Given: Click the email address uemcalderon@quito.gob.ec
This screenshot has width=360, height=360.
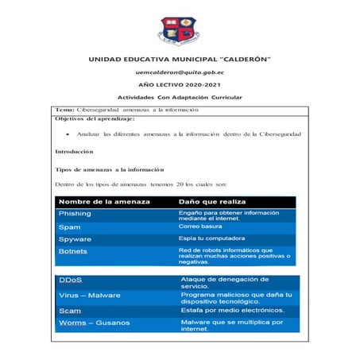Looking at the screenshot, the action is [180, 72].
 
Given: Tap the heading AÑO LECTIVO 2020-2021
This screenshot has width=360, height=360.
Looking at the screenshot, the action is [180, 84].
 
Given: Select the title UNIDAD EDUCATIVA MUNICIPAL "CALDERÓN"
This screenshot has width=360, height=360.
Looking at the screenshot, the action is [180, 59].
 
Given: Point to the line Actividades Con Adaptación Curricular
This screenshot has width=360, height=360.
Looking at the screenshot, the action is [180, 97].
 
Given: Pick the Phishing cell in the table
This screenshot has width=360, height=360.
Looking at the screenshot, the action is [75, 214].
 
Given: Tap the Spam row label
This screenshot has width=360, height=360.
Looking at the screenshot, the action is [70, 226].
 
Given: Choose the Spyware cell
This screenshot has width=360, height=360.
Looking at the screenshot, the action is [75, 238].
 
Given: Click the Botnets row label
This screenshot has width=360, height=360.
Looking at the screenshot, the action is [74, 251].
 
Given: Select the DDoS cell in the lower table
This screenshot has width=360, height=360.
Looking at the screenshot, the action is [71, 281].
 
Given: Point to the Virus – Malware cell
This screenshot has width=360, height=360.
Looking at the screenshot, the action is [90, 295].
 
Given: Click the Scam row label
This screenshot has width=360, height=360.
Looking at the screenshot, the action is [70, 310].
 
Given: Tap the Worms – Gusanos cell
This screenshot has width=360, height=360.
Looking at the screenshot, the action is [93, 323].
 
